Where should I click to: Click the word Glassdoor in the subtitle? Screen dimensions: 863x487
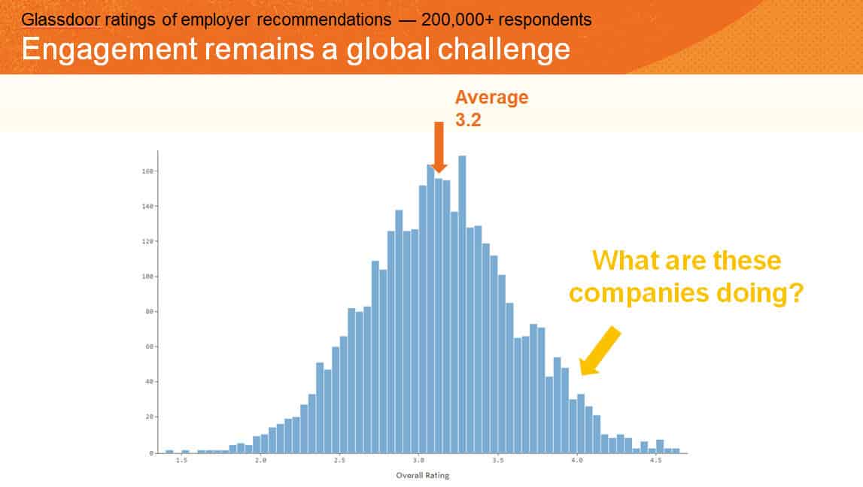pyautogui.click(x=60, y=20)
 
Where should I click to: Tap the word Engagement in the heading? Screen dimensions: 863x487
pyautogui.click(x=109, y=50)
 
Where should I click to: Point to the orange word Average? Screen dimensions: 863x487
pyautogui.click(x=491, y=97)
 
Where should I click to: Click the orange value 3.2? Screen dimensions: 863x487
pyautogui.click(x=468, y=119)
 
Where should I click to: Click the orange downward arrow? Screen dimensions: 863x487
pyautogui.click(x=439, y=147)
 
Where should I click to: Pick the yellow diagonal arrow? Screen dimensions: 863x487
pyautogui.click(x=600, y=351)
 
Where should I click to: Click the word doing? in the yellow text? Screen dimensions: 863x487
pyautogui.click(x=760, y=293)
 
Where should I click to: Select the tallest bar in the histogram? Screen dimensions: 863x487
pyautogui.click(x=462, y=304)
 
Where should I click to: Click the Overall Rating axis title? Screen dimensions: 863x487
pyautogui.click(x=423, y=476)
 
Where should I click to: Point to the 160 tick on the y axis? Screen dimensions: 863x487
pyautogui.click(x=147, y=171)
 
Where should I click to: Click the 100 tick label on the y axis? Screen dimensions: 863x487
pyautogui.click(x=147, y=277)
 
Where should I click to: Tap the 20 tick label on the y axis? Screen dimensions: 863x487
pyautogui.click(x=149, y=417)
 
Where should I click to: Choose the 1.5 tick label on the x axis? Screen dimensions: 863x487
pyautogui.click(x=181, y=460)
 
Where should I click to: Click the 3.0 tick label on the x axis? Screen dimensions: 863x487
pyautogui.click(x=419, y=460)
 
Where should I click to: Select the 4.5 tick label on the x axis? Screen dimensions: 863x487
pyautogui.click(x=656, y=460)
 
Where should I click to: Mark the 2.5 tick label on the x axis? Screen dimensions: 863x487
pyautogui.click(x=339, y=460)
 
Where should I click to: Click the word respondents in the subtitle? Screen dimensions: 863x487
pyautogui.click(x=545, y=20)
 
